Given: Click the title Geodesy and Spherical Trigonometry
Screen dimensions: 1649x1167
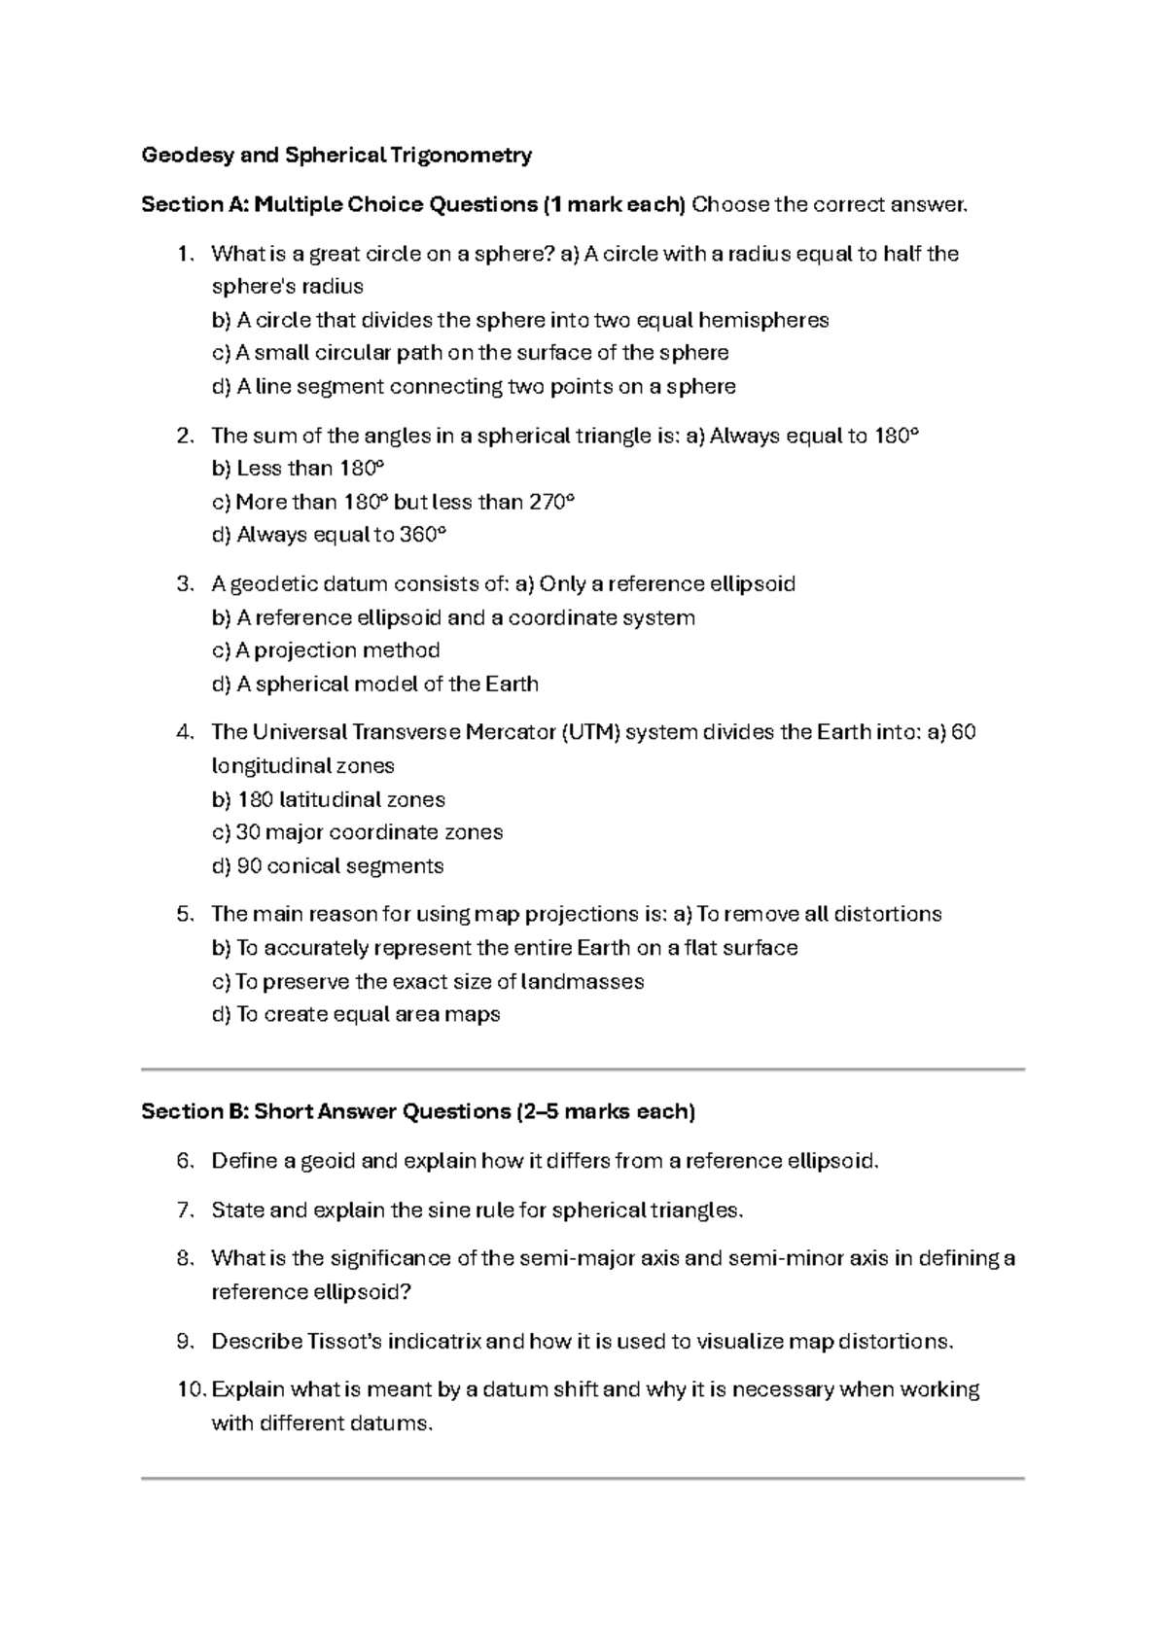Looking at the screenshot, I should (x=336, y=155).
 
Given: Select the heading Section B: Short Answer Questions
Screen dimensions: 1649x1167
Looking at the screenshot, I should (x=418, y=1111).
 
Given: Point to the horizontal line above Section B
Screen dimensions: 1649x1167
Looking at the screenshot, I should (x=583, y=1070).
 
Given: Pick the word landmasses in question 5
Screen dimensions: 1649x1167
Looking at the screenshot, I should (x=583, y=981).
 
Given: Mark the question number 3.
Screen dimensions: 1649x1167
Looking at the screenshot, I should (x=185, y=583).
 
